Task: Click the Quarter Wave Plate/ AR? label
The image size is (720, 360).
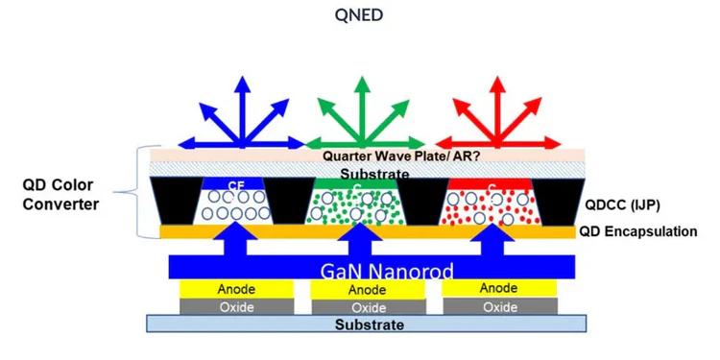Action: click(361, 156)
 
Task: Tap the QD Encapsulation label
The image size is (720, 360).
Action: click(637, 231)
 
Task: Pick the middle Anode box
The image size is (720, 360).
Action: click(367, 289)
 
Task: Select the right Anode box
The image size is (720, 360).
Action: click(499, 288)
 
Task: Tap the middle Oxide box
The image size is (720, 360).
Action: click(367, 307)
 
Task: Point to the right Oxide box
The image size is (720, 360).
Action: click(499, 307)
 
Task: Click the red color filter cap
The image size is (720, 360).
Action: click(492, 182)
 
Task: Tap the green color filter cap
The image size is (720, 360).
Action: click(355, 182)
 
